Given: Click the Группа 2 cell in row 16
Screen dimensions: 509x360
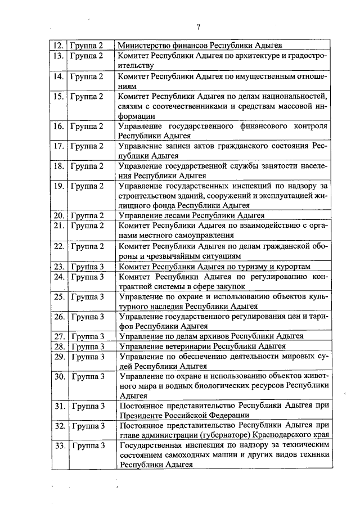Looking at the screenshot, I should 87,127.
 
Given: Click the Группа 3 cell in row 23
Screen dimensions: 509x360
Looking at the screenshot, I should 87,266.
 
